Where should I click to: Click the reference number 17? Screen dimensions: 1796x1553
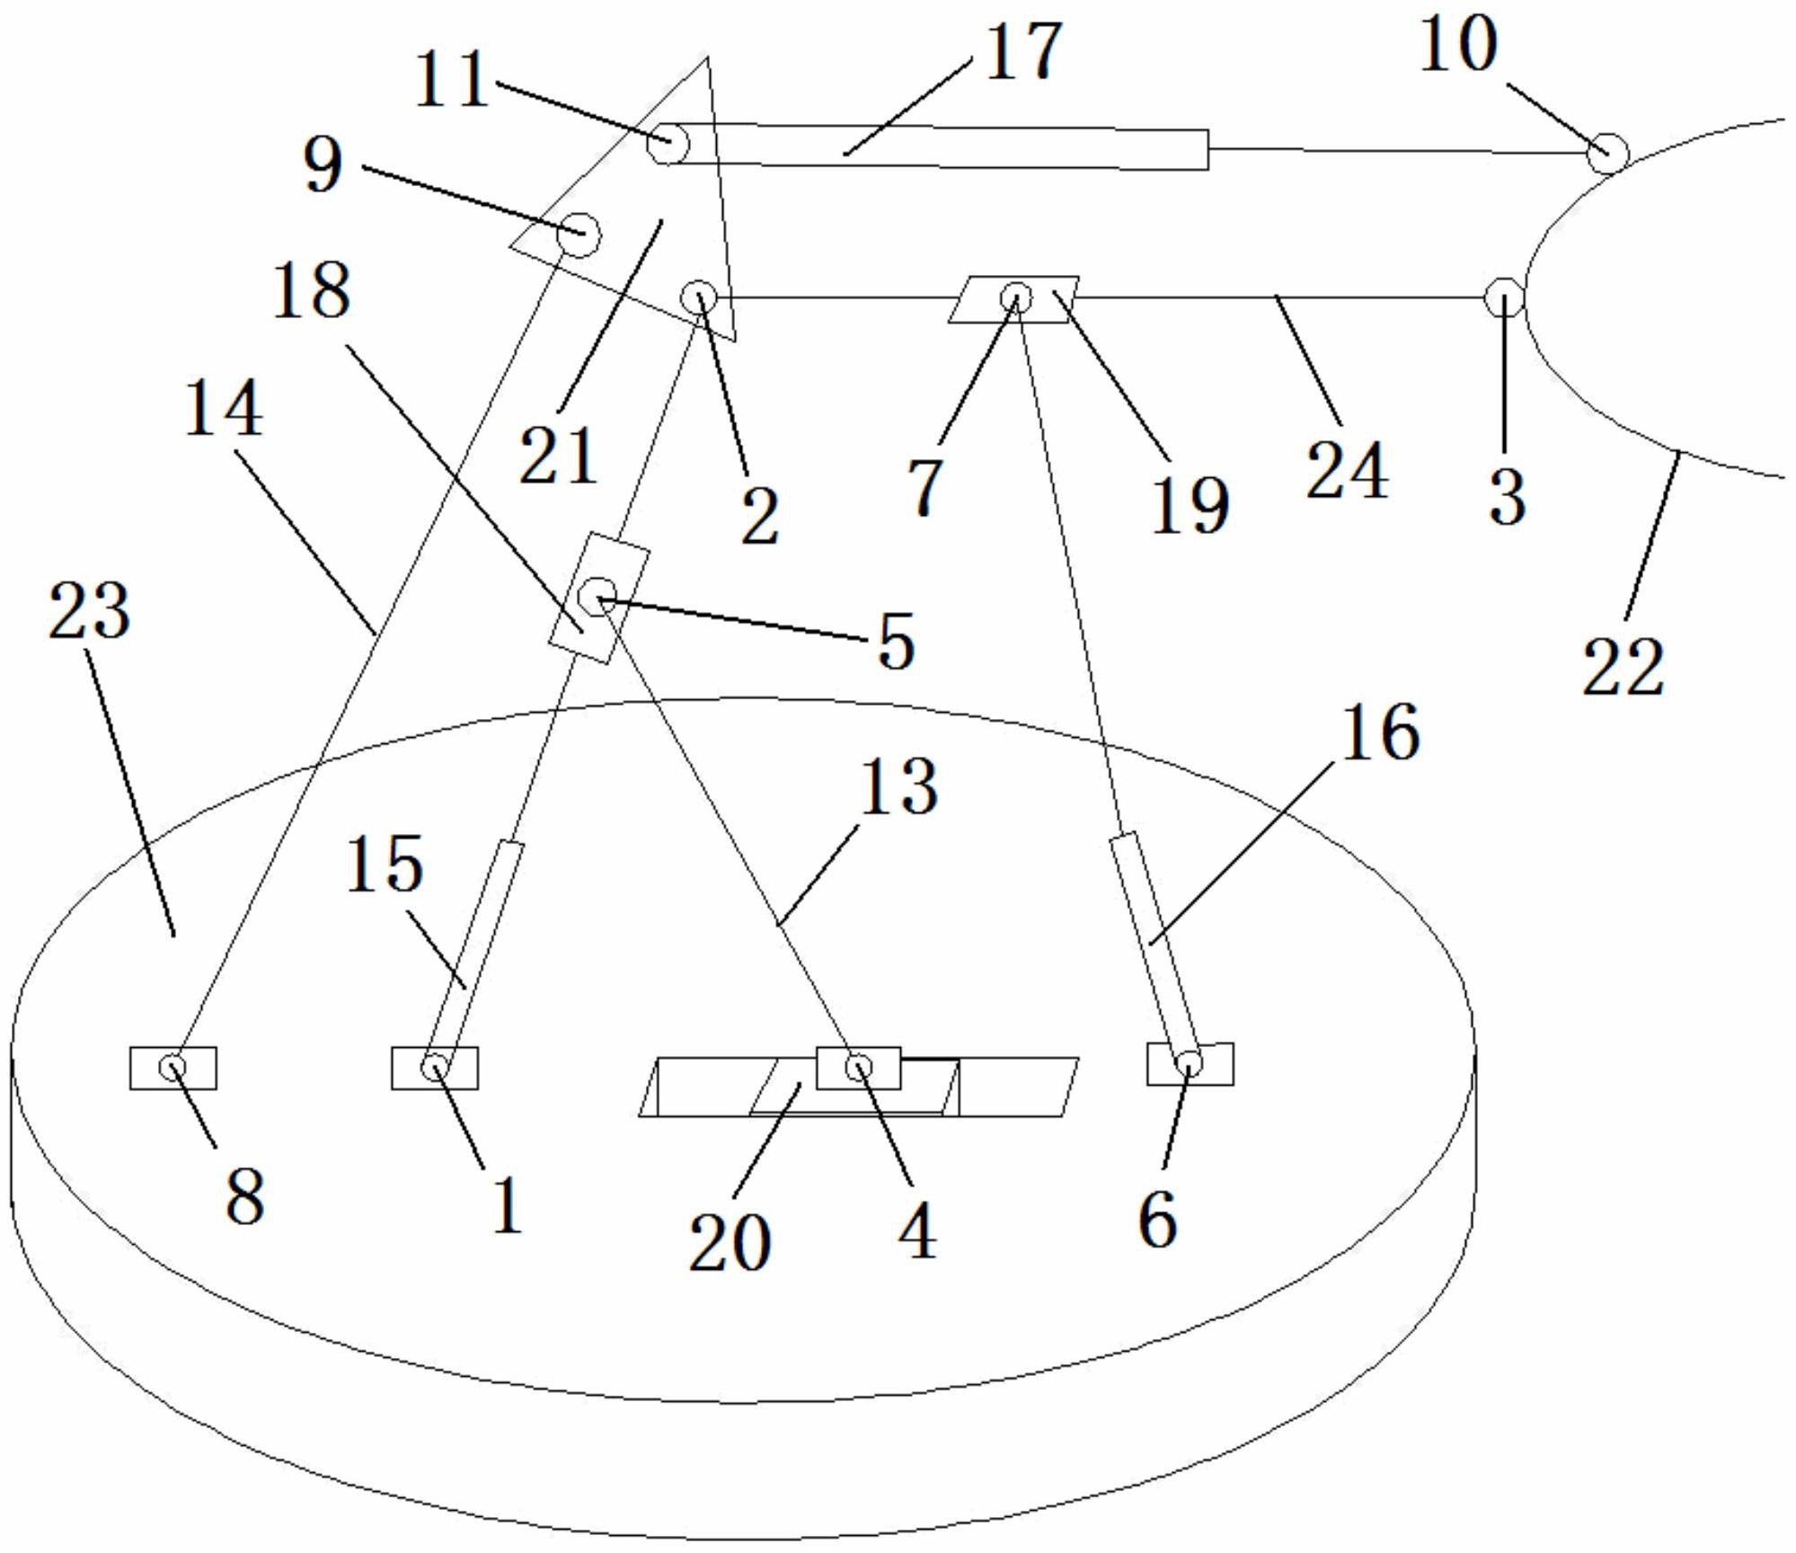pyautogui.click(x=1023, y=52)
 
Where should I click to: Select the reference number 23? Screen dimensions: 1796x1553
pyautogui.click(x=90, y=610)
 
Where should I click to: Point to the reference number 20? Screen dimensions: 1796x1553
pyautogui.click(x=730, y=1241)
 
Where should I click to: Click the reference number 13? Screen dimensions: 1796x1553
pyautogui.click(x=898, y=786)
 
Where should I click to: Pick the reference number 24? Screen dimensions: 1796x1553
pyautogui.click(x=1346, y=470)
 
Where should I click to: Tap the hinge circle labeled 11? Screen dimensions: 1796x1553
pyautogui.click(x=668, y=142)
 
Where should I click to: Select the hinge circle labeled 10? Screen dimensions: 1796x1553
pyautogui.click(x=1606, y=153)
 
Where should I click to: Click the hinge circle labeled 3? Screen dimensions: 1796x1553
pyautogui.click(x=1503, y=297)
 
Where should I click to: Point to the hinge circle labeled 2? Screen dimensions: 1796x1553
pyautogui.click(x=700, y=296)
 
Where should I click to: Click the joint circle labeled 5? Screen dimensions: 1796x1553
pyautogui.click(x=597, y=594)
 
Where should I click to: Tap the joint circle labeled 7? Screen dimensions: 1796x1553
pyautogui.click(x=1015, y=296)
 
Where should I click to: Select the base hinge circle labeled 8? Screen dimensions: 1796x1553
pyautogui.click(x=173, y=1067)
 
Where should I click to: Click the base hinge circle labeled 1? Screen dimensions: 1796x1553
pyautogui.click(x=435, y=1068)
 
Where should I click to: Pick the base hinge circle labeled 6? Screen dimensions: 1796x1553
pyautogui.click(x=1189, y=1063)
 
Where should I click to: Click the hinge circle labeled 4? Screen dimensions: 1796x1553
pyautogui.click(x=858, y=1067)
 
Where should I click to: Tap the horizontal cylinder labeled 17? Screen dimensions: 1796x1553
pyautogui.click(x=934, y=146)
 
